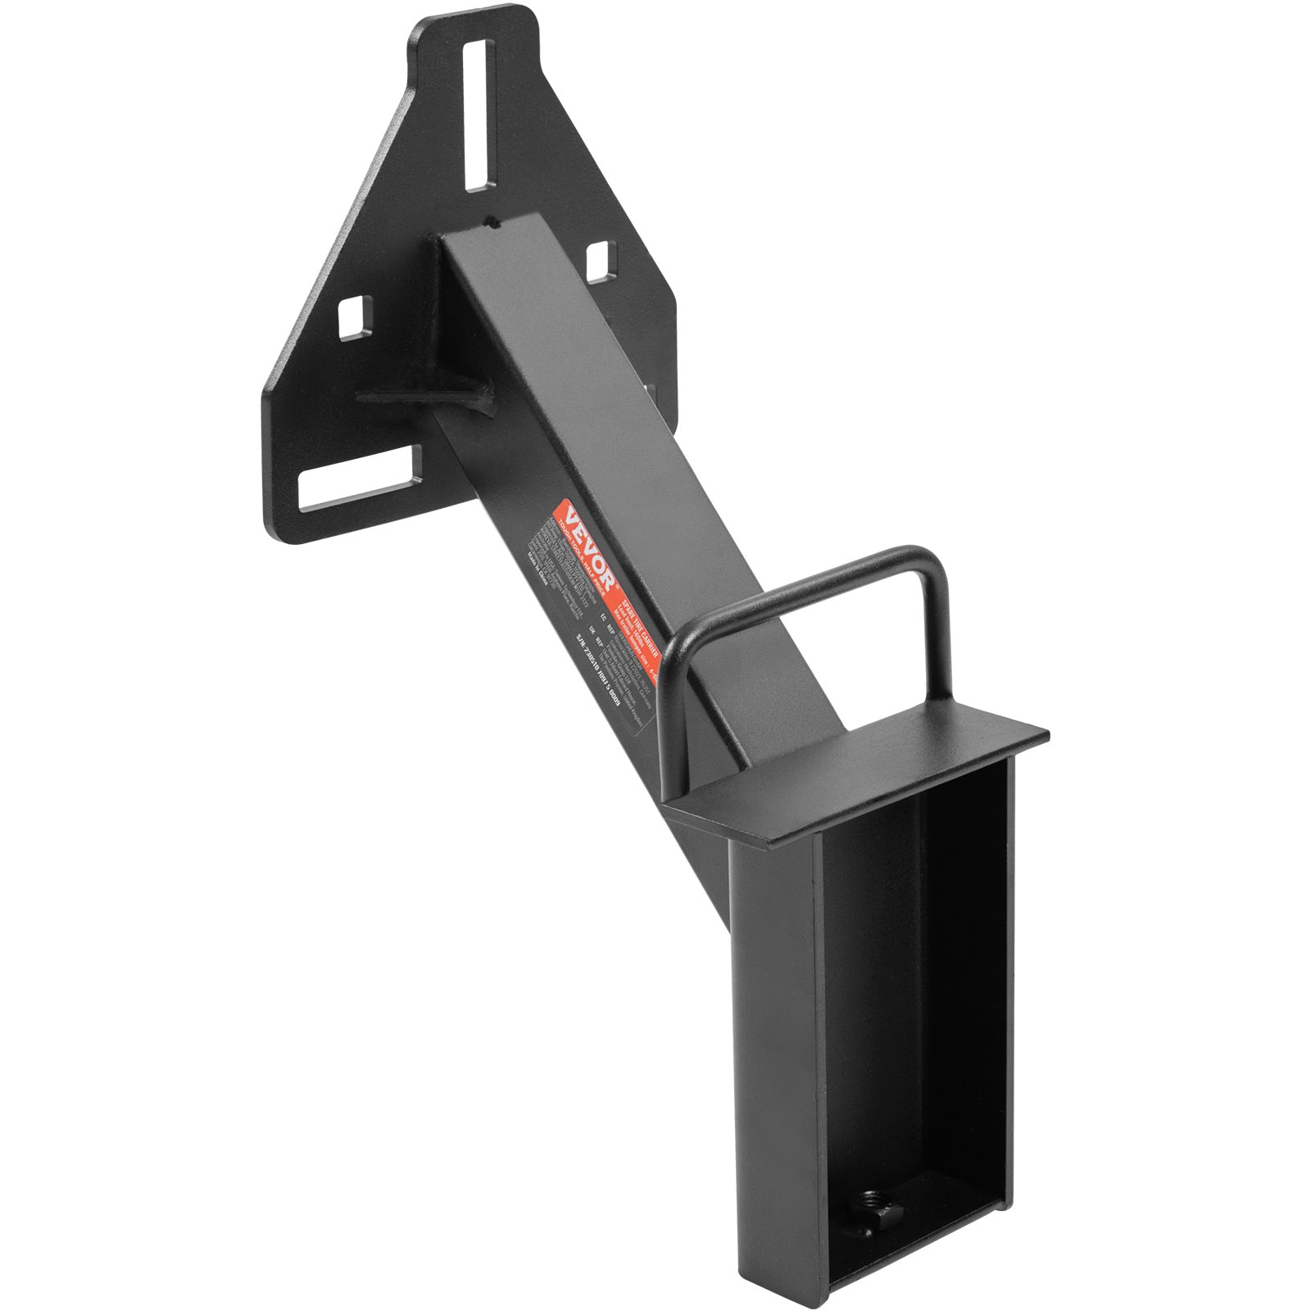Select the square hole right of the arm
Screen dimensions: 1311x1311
tap(601, 261)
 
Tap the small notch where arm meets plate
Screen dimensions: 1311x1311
tap(489, 220)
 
